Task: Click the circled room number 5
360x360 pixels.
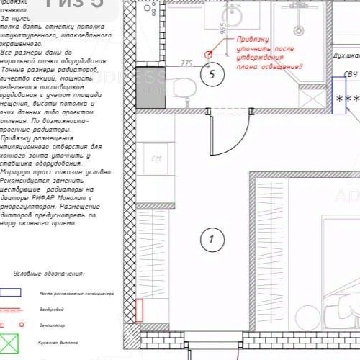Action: click(x=210, y=74)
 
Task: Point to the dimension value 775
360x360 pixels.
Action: click(x=186, y=63)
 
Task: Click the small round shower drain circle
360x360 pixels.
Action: click(x=295, y=30)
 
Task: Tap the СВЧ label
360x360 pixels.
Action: click(x=350, y=74)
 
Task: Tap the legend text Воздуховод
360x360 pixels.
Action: click(x=52, y=310)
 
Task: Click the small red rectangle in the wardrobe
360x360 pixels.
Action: click(x=140, y=310)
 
